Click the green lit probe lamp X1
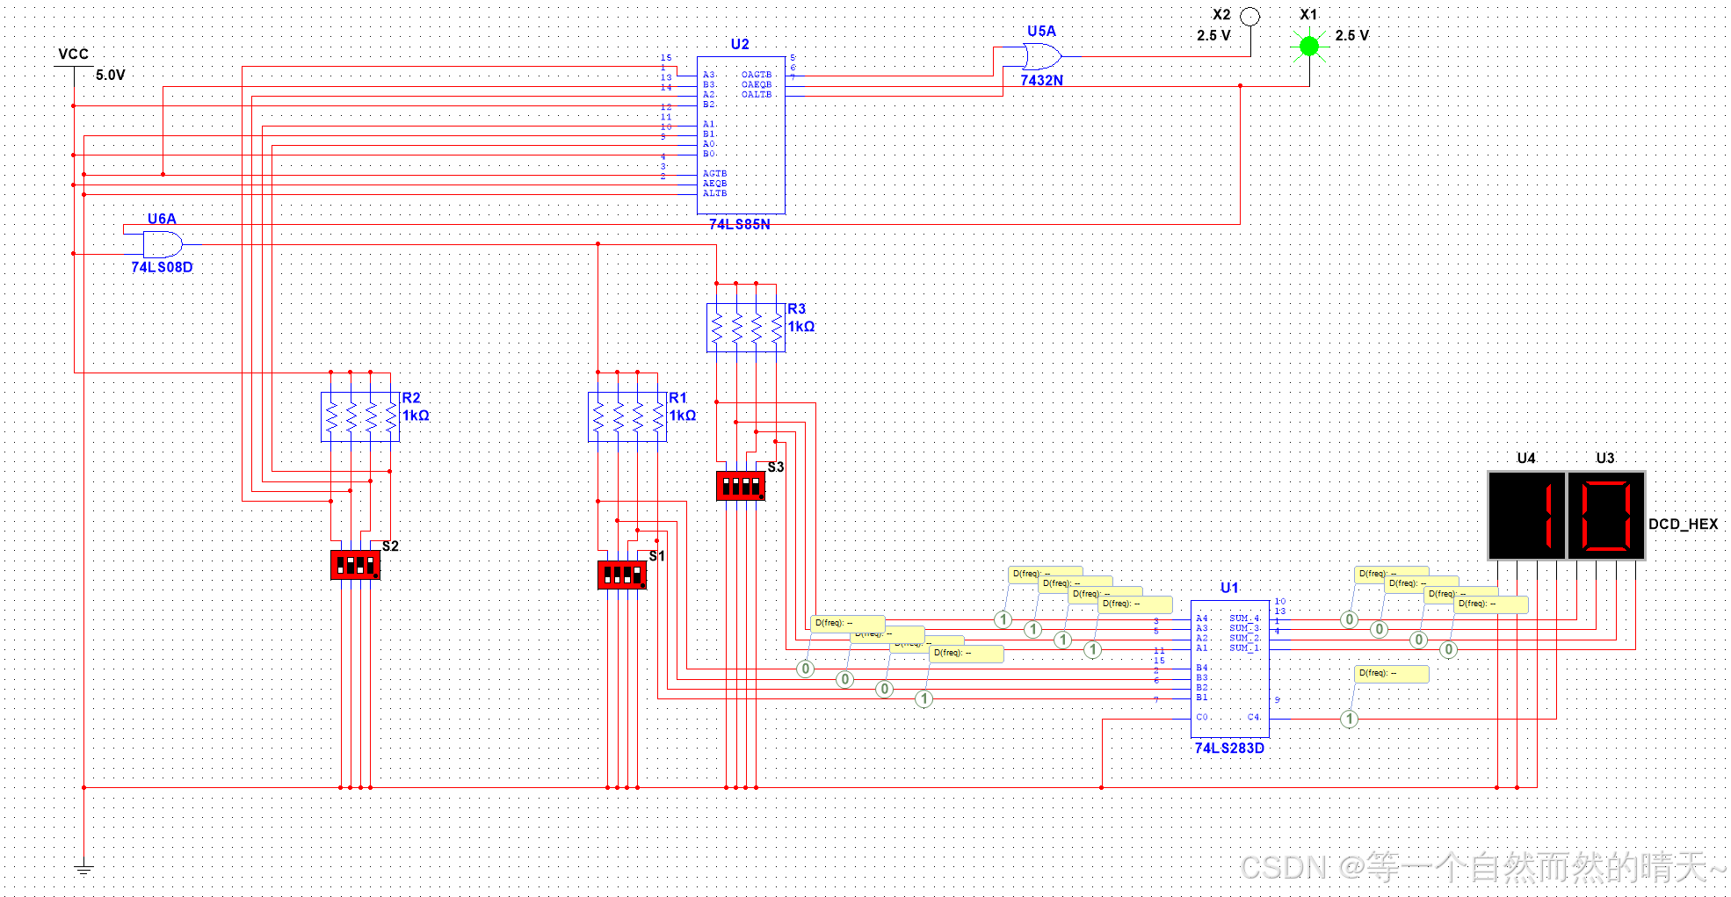pos(1309,46)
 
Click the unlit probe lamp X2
pos(1249,17)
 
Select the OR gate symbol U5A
pos(1042,57)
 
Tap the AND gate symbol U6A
pos(163,244)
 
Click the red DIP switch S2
pos(355,565)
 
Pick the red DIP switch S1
pos(622,575)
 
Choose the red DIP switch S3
pos(741,486)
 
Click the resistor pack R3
pos(746,328)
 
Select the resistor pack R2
pos(360,416)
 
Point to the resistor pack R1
pos(627,416)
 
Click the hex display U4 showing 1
pos(1527,516)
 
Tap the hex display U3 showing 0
pos(1605,516)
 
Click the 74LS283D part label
pos(1229,749)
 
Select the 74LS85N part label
pos(740,225)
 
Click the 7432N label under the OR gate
pos(1042,81)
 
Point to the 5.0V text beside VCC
pos(111,76)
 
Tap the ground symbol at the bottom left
pos(83,869)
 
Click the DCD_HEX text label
pos(1683,524)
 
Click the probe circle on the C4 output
pos(1350,720)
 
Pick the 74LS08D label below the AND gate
pos(162,267)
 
